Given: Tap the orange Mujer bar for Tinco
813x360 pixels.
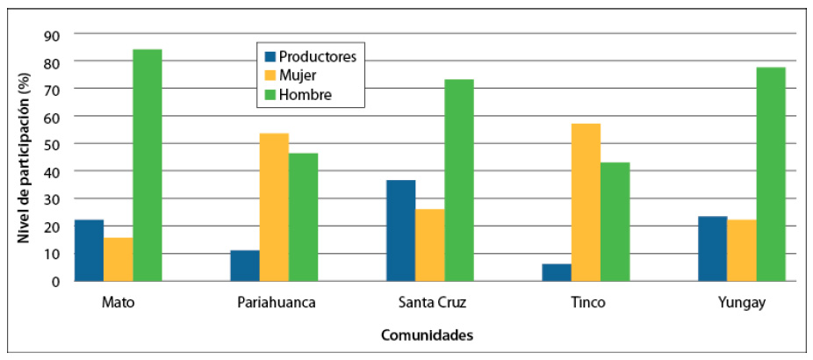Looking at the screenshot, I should [586, 202].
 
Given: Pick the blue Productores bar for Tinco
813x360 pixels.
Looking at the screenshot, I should [557, 272].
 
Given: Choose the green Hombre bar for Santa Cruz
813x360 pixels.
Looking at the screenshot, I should [459, 180].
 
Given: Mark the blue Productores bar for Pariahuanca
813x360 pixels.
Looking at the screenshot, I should [245, 265].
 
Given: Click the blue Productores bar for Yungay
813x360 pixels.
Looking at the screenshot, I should [713, 248].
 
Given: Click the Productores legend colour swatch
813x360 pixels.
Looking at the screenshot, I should [270, 57].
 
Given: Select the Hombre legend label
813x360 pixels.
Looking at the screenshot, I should [305, 95].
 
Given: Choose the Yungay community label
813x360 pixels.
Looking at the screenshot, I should [742, 304].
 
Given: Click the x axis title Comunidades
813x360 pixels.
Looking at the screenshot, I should [428, 335].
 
